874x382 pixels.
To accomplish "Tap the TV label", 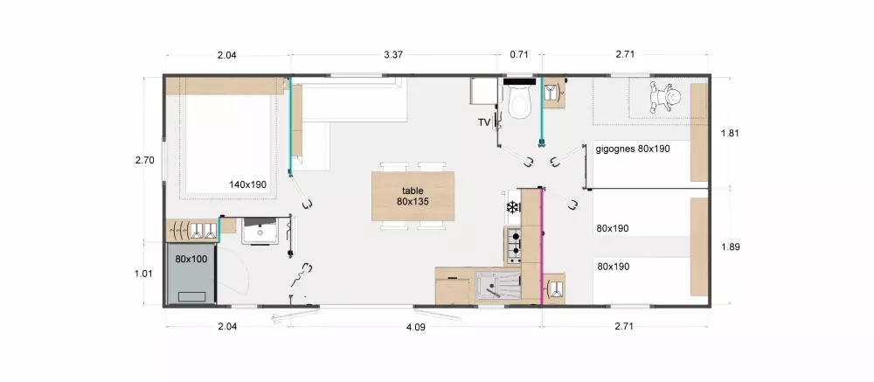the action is pos(484,122).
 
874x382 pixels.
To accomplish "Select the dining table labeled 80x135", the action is pos(413,197).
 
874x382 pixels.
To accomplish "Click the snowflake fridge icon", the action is pos(512,208).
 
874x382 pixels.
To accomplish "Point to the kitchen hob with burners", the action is pos(513,245).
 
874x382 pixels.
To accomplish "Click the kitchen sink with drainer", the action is pos(498,286).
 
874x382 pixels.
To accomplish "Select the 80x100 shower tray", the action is pos(191,274).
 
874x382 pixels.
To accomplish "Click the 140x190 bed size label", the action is pos(247,184).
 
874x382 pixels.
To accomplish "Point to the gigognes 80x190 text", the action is pos(633,149).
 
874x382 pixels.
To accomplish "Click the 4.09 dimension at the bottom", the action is pos(416,327).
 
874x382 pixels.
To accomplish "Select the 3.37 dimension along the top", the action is pos(393,55).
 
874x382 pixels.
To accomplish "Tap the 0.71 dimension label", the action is pos(518,55).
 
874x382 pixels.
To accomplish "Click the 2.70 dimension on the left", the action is pos(144,161).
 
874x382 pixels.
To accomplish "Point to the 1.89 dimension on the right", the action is pos(730,247).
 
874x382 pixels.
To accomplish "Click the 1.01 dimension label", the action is pos(144,274).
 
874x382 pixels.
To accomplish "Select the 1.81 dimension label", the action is pos(730,133).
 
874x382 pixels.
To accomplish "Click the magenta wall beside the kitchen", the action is pos(541,247).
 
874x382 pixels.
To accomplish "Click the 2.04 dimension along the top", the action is pos(227,55).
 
